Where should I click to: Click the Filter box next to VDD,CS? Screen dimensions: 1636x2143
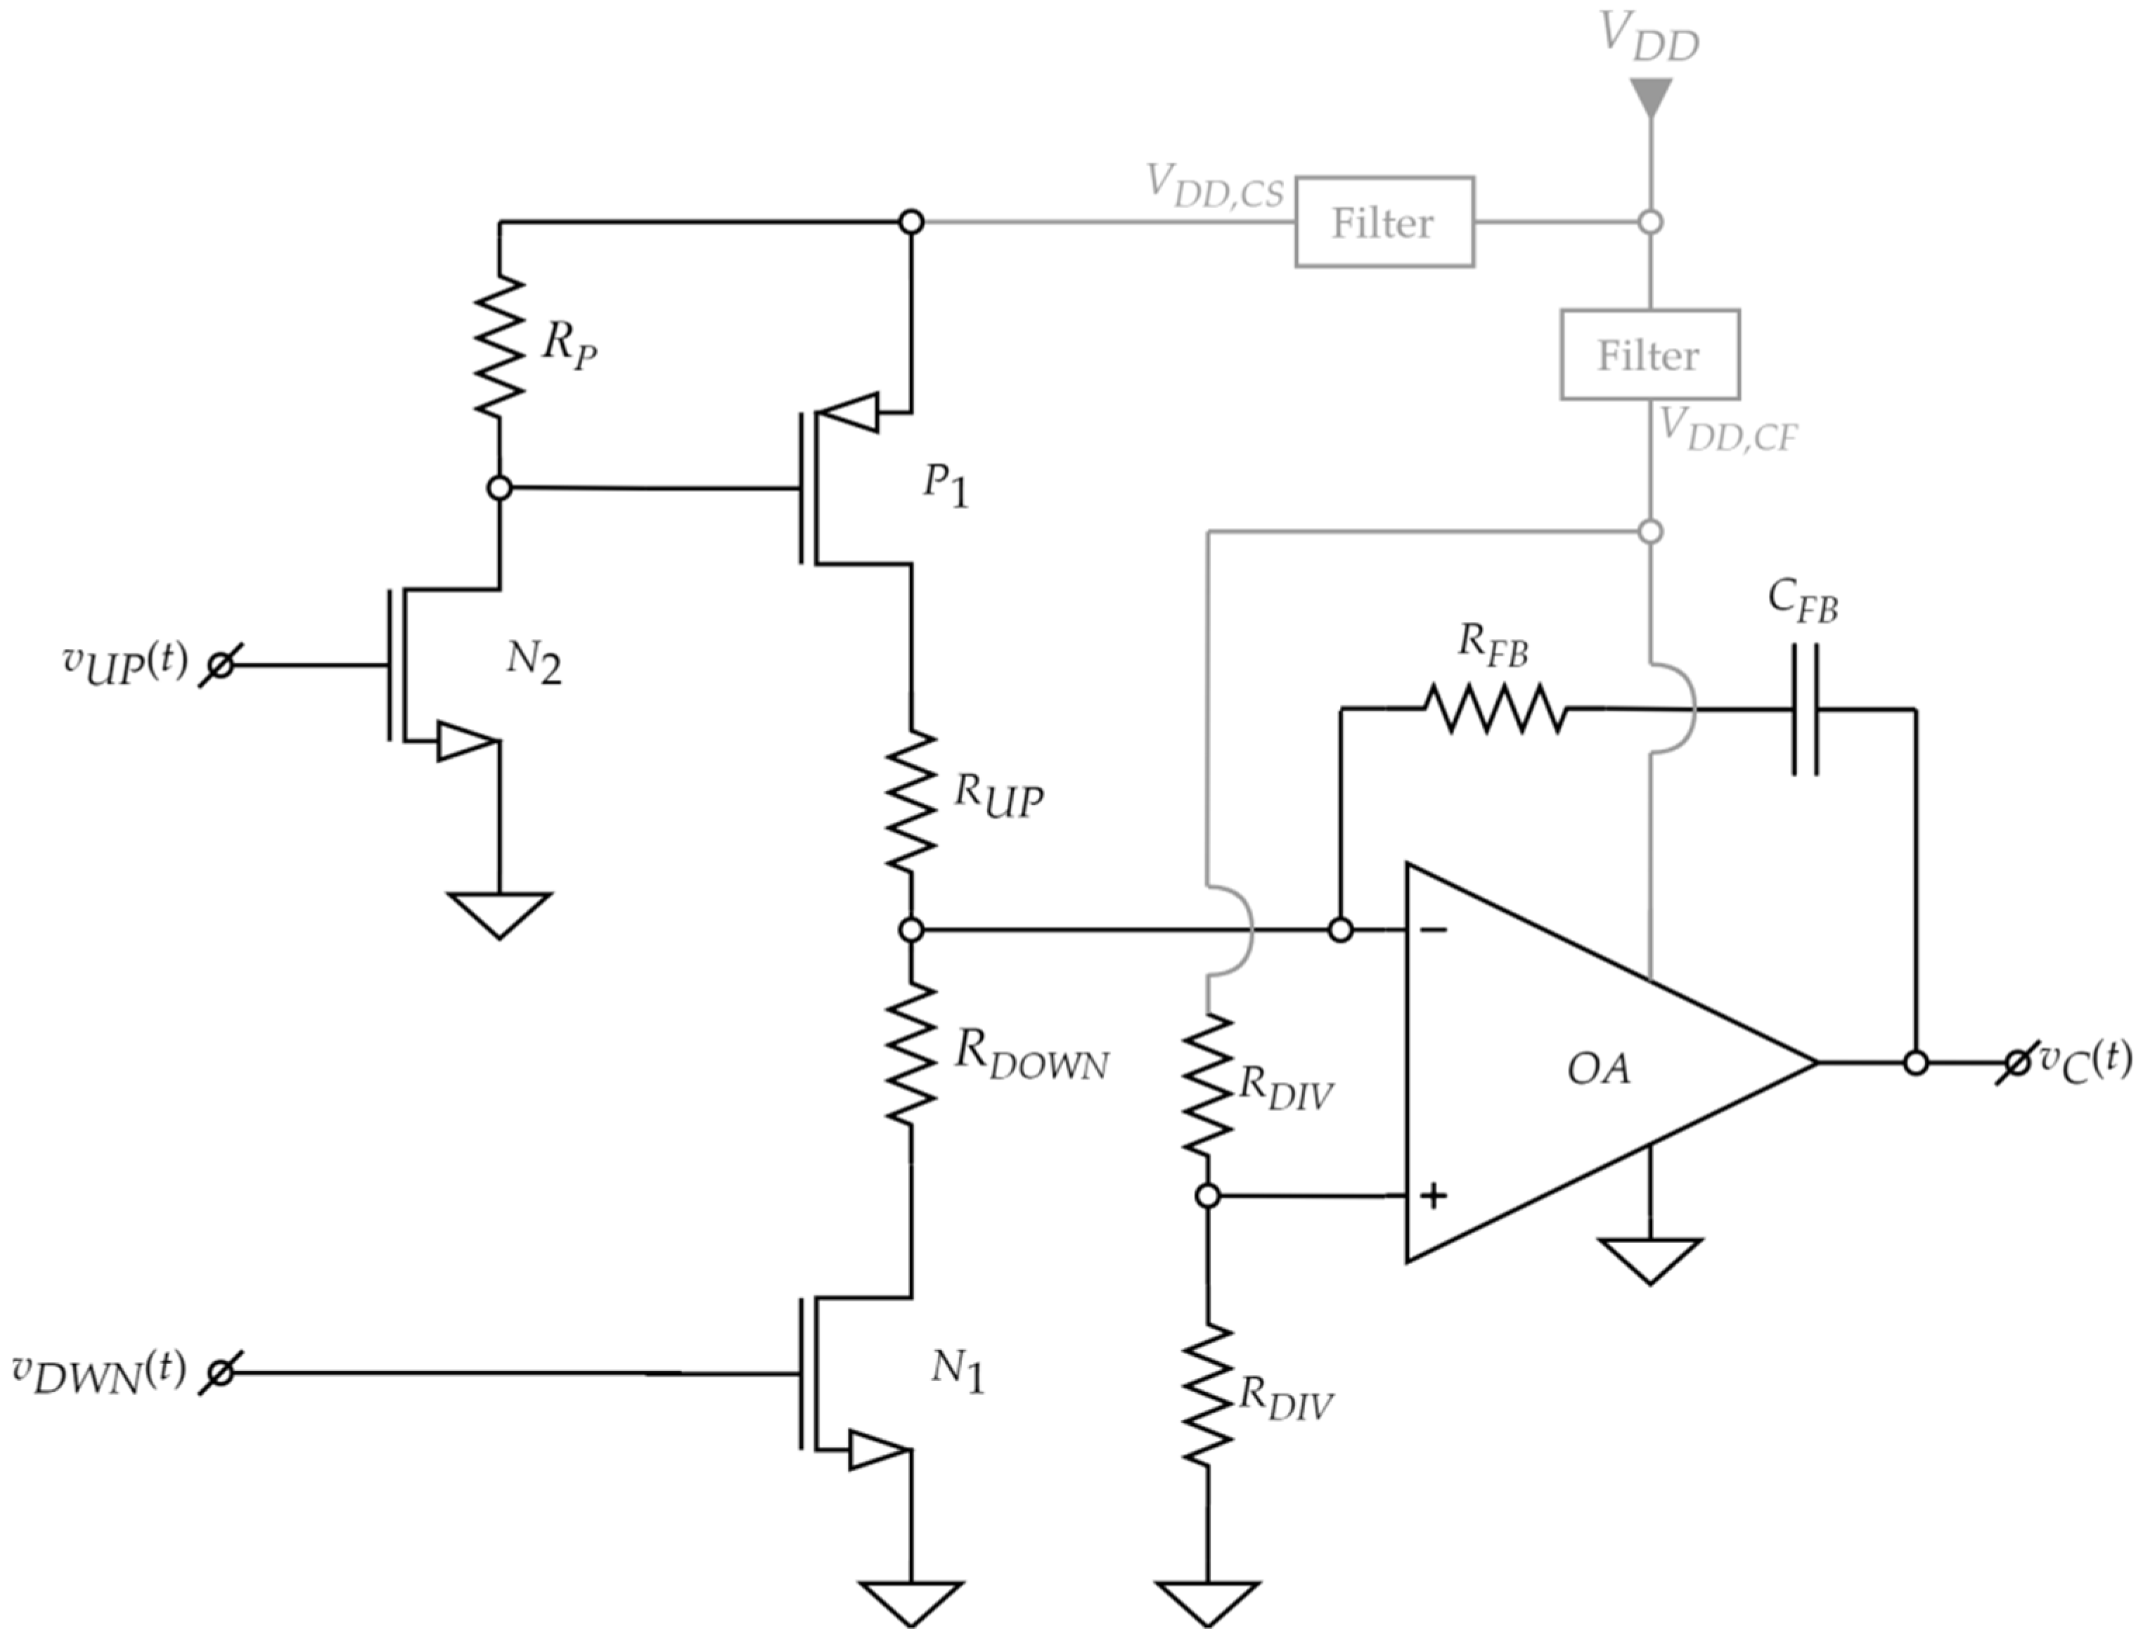coord(1384,222)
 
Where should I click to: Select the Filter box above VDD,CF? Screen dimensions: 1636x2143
coord(1649,354)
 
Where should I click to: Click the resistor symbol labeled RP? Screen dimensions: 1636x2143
coord(498,346)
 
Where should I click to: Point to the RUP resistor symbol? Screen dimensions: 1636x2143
coord(911,801)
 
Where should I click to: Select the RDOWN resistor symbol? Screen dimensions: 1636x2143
coord(911,1055)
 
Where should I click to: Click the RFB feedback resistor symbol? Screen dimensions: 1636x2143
coord(1495,709)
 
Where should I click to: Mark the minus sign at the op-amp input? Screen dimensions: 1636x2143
coord(1433,931)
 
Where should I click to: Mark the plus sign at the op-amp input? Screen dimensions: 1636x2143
coord(1432,1196)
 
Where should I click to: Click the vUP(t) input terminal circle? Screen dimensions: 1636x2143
coord(221,666)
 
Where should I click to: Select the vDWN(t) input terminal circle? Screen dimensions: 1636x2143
coord(221,1373)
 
